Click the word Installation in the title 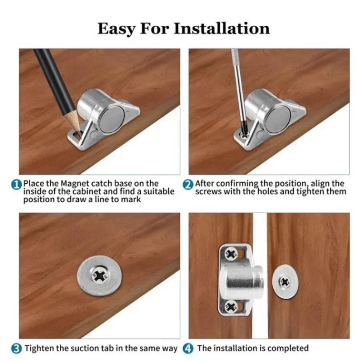tap(222, 29)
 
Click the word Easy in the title tap(117, 29)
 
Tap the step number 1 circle tap(16, 184)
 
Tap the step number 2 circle tap(188, 184)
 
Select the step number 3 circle tap(16, 348)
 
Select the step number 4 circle tap(188, 348)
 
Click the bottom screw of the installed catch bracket tap(232, 306)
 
